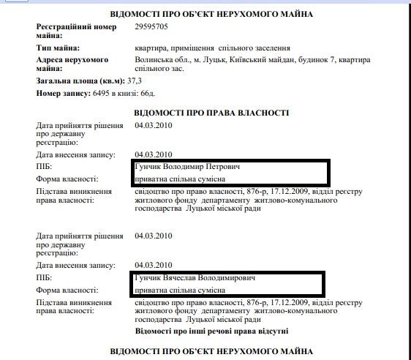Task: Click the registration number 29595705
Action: (x=153, y=26)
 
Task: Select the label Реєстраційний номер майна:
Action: (x=78, y=31)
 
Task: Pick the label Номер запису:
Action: (x=62, y=94)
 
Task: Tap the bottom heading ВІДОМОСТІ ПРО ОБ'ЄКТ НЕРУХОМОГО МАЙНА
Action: (x=211, y=352)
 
